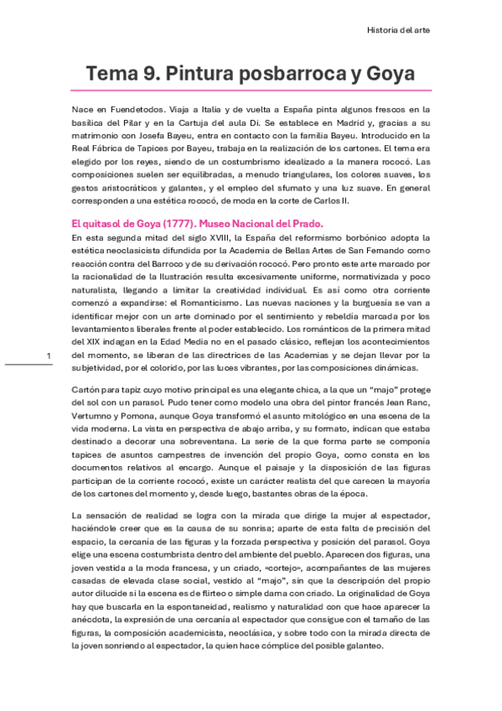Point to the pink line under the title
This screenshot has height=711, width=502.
(251, 90)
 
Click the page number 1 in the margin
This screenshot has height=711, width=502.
(49, 357)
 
